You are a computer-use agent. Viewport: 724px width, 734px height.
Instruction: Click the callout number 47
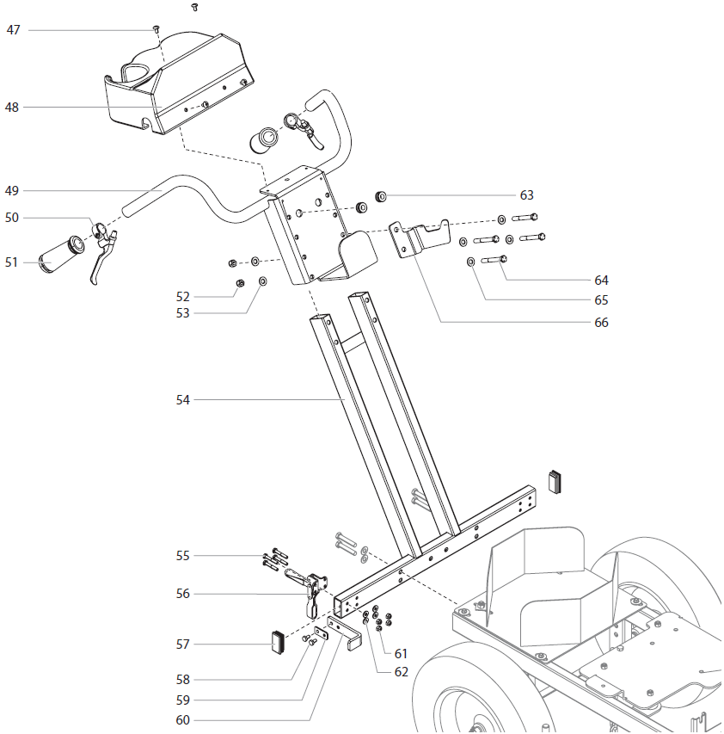13,30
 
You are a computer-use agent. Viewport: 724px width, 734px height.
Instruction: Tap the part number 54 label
183,400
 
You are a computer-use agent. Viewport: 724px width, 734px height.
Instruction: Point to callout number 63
526,195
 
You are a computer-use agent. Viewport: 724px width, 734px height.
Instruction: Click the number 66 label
601,323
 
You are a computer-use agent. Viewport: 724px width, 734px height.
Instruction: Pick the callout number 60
183,720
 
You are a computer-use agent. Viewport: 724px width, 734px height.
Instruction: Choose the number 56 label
183,594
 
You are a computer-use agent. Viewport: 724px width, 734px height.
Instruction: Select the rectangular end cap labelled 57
276,643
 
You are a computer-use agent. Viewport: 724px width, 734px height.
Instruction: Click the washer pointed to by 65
471,261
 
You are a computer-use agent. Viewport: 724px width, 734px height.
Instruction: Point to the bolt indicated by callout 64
494,260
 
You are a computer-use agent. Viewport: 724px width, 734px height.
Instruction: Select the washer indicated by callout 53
262,281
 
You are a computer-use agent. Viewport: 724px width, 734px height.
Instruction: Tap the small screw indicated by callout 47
156,28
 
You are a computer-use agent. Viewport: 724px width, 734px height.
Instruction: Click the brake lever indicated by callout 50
105,251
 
